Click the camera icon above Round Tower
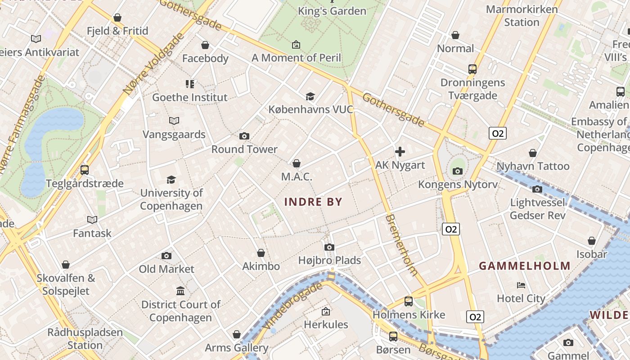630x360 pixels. click(244, 136)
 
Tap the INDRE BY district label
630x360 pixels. click(313, 202)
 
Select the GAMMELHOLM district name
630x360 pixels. click(525, 266)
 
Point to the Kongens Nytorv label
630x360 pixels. click(458, 184)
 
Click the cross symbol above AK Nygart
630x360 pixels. click(400, 152)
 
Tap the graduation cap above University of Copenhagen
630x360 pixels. click(171, 180)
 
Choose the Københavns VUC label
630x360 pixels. click(310, 109)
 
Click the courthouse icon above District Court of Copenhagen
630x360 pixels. click(180, 291)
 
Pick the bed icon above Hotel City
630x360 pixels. click(521, 285)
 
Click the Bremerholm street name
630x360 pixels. click(401, 245)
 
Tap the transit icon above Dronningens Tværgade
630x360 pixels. click(472, 69)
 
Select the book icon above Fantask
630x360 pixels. click(92, 220)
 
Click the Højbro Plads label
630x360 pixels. click(329, 260)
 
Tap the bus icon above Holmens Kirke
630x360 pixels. click(409, 301)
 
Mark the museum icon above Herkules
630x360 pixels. click(326, 311)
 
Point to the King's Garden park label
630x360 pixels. click(332, 11)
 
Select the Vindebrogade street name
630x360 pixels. click(294, 306)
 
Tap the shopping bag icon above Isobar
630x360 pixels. click(592, 241)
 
